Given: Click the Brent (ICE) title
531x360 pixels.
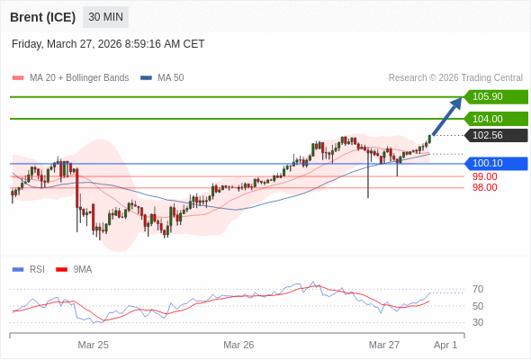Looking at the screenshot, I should (41, 17).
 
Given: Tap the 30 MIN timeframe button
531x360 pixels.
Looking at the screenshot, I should (105, 17).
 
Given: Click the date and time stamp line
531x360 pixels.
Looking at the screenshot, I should (108, 43).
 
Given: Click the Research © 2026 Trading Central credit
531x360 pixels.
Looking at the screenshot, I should (455, 77).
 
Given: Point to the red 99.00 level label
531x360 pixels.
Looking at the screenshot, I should (484, 176).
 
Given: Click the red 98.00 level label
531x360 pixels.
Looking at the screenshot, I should (484, 187).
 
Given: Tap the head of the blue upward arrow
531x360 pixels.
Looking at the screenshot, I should (458, 101).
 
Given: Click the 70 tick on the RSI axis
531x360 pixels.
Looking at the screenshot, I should (478, 289).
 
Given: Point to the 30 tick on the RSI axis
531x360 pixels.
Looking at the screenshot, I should (478, 322).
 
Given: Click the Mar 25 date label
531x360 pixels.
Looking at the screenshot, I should (93, 345).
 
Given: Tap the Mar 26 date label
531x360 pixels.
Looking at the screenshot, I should (238, 345).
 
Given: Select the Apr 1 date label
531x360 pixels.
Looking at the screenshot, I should (445, 345).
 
